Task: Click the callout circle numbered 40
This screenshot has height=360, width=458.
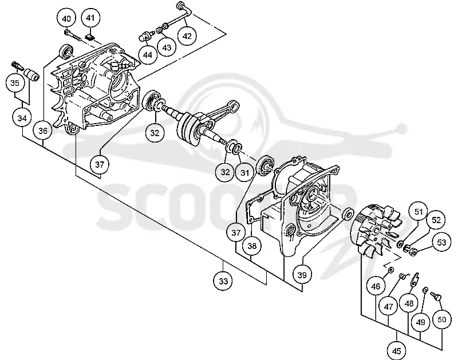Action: pos(66,19)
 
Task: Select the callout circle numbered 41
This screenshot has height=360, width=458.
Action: pos(90,18)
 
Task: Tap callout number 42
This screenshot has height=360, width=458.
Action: pos(187,35)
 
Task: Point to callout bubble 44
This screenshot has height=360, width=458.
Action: pos(148,54)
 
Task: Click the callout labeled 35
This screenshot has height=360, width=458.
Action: pos(15,82)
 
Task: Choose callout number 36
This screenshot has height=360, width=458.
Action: pos(42,130)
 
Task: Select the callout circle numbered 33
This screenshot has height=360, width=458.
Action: pos(223,281)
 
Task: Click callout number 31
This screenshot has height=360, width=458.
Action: pos(244,172)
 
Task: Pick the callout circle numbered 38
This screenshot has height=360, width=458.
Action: pos(252,246)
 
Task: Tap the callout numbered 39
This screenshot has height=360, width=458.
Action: pos(302,275)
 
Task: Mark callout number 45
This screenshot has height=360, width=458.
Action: pos(396,350)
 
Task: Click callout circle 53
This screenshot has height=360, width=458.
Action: pos(441,242)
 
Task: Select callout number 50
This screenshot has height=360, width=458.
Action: pos(442,319)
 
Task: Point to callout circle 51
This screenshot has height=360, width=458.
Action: pos(418,211)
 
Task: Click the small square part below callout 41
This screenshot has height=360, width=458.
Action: pos(90,37)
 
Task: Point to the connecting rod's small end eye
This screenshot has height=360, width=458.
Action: pos(234,104)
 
